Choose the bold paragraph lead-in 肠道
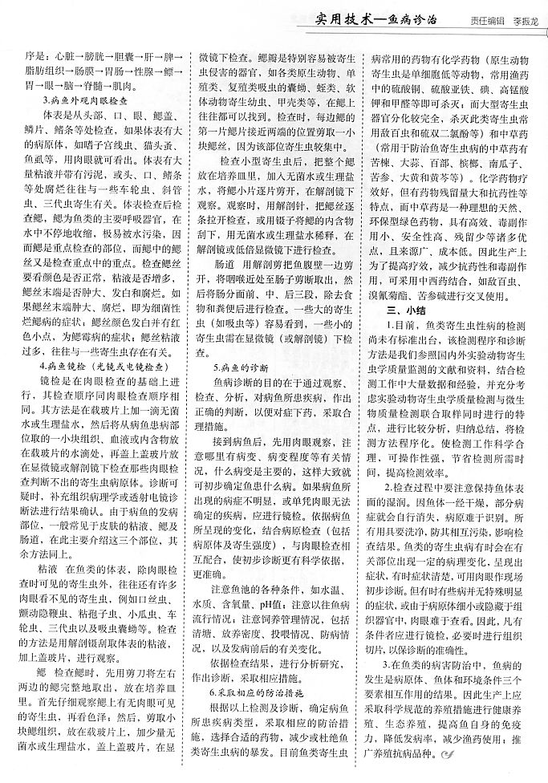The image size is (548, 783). pos(217,286)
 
